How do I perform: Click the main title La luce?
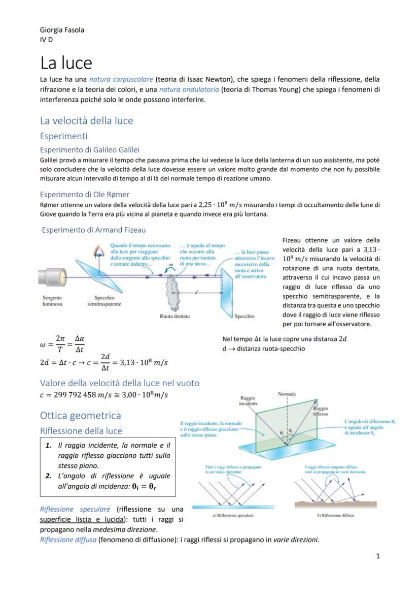[x=66, y=63]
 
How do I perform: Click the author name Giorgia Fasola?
[x=62, y=30]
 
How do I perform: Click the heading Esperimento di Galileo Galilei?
[x=90, y=149]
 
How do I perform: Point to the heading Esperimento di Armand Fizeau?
[x=93, y=230]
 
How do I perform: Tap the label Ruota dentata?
[x=174, y=316]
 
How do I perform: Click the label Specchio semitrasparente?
[x=104, y=301]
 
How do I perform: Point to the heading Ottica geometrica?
[x=80, y=416]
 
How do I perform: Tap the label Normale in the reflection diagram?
[x=287, y=394]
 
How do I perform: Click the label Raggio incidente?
[x=248, y=400]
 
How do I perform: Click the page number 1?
[x=378, y=556]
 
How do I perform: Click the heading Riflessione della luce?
[x=81, y=431]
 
